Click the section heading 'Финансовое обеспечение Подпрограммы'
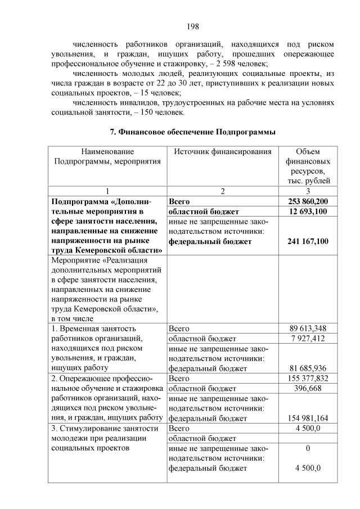[x=192, y=132]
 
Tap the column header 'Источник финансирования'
[x=223, y=151]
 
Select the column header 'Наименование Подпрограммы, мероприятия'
[x=107, y=156]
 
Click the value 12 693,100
[x=308, y=211]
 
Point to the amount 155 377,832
[x=308, y=379]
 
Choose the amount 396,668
[x=308, y=389]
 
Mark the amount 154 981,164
[x=308, y=418]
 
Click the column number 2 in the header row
[x=223, y=191]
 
